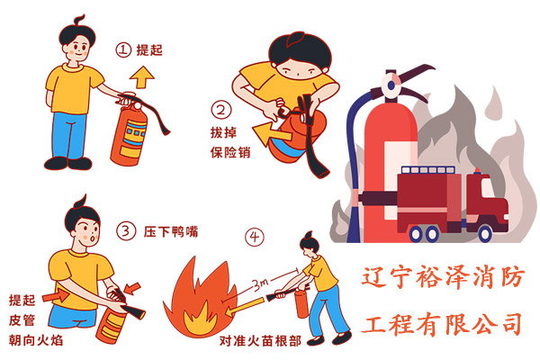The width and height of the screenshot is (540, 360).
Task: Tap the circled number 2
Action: coord(221,111)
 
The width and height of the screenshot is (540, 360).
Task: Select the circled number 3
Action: coord(127,231)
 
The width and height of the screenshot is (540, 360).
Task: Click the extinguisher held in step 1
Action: coord(128,137)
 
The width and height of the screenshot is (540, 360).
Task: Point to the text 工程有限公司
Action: coord(441,321)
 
